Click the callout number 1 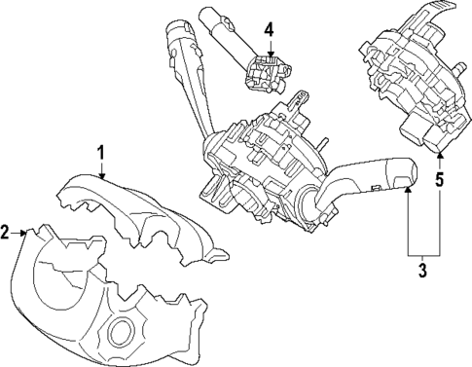coord(101,152)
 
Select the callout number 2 coord(7,233)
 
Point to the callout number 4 coord(270,29)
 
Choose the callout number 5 coord(439,179)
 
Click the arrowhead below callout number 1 coord(102,178)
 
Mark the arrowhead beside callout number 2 coord(26,232)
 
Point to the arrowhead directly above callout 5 coord(439,156)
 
